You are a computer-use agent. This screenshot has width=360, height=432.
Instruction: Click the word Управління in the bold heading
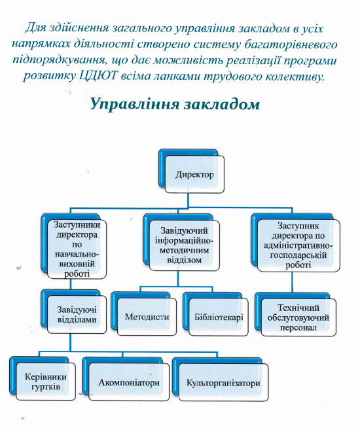coord(135,105)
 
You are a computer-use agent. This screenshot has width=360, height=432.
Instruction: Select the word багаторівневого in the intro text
coord(291,45)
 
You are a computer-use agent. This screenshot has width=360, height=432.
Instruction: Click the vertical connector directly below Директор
coord(188,200)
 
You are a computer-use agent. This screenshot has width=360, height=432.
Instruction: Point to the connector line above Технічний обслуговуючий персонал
coord(292,281)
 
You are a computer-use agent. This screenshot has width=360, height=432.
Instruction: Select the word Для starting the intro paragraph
coord(35,28)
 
